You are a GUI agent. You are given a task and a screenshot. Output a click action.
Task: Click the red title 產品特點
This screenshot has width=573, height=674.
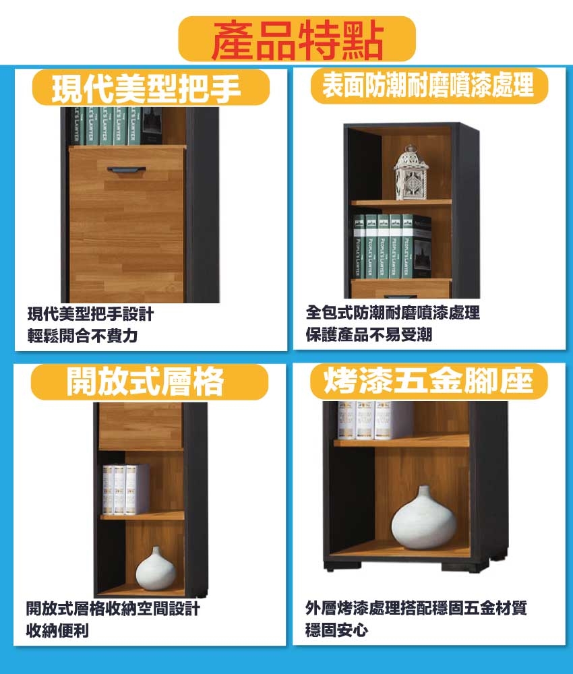click(297, 40)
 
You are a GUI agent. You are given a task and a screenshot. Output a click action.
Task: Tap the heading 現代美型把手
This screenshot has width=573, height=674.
click(146, 88)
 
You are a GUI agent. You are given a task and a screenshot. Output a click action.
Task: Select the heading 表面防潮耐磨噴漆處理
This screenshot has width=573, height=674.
click(428, 85)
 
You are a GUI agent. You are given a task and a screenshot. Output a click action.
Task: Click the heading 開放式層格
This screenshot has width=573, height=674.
click(145, 381)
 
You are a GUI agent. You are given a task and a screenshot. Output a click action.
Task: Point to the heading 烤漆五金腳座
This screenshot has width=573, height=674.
click(428, 381)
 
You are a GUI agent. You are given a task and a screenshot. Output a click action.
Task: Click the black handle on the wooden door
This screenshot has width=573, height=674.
click(126, 171)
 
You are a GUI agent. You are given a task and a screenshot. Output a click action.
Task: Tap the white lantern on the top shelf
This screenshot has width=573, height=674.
click(411, 173)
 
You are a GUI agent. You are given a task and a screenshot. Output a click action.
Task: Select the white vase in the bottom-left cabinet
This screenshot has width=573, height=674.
click(156, 569)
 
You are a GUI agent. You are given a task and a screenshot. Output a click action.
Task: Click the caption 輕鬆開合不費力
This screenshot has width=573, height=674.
click(82, 336)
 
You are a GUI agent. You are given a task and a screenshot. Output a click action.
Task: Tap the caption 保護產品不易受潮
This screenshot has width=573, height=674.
click(369, 334)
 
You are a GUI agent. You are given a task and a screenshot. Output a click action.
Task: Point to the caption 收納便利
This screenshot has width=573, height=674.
click(57, 631)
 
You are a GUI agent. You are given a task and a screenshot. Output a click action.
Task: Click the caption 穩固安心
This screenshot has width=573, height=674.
click(336, 630)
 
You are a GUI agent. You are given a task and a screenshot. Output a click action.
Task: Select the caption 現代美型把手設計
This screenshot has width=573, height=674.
click(90, 314)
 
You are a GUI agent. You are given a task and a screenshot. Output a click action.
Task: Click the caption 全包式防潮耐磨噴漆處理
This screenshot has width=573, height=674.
click(392, 313)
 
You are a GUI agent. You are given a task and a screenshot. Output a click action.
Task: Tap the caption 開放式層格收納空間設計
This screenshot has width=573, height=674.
click(113, 609)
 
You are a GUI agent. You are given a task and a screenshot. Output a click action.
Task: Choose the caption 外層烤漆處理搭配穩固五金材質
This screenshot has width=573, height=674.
click(416, 608)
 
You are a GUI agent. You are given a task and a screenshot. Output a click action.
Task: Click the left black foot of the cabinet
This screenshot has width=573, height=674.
click(330, 568)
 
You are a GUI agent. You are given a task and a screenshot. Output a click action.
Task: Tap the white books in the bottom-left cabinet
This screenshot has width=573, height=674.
click(125, 489)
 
